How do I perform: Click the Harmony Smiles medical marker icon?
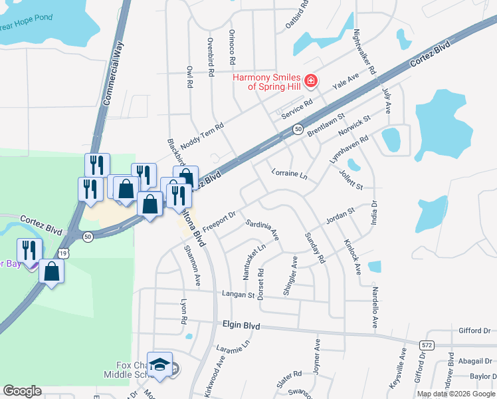coord(310,81)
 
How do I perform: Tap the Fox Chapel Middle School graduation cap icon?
coord(159,365)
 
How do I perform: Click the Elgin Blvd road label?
coord(241,327)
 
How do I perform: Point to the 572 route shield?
coord(427,344)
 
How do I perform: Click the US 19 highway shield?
coord(62,253)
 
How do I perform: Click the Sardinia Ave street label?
coord(262,229)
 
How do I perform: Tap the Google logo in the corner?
coord(23,391)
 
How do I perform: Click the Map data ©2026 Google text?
coord(456,394)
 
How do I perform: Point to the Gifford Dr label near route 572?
coord(474,331)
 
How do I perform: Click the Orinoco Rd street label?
coord(232,47)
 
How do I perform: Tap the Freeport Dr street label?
coord(219,221)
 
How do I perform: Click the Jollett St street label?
coord(350,181)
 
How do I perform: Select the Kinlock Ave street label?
coord(351,257)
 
